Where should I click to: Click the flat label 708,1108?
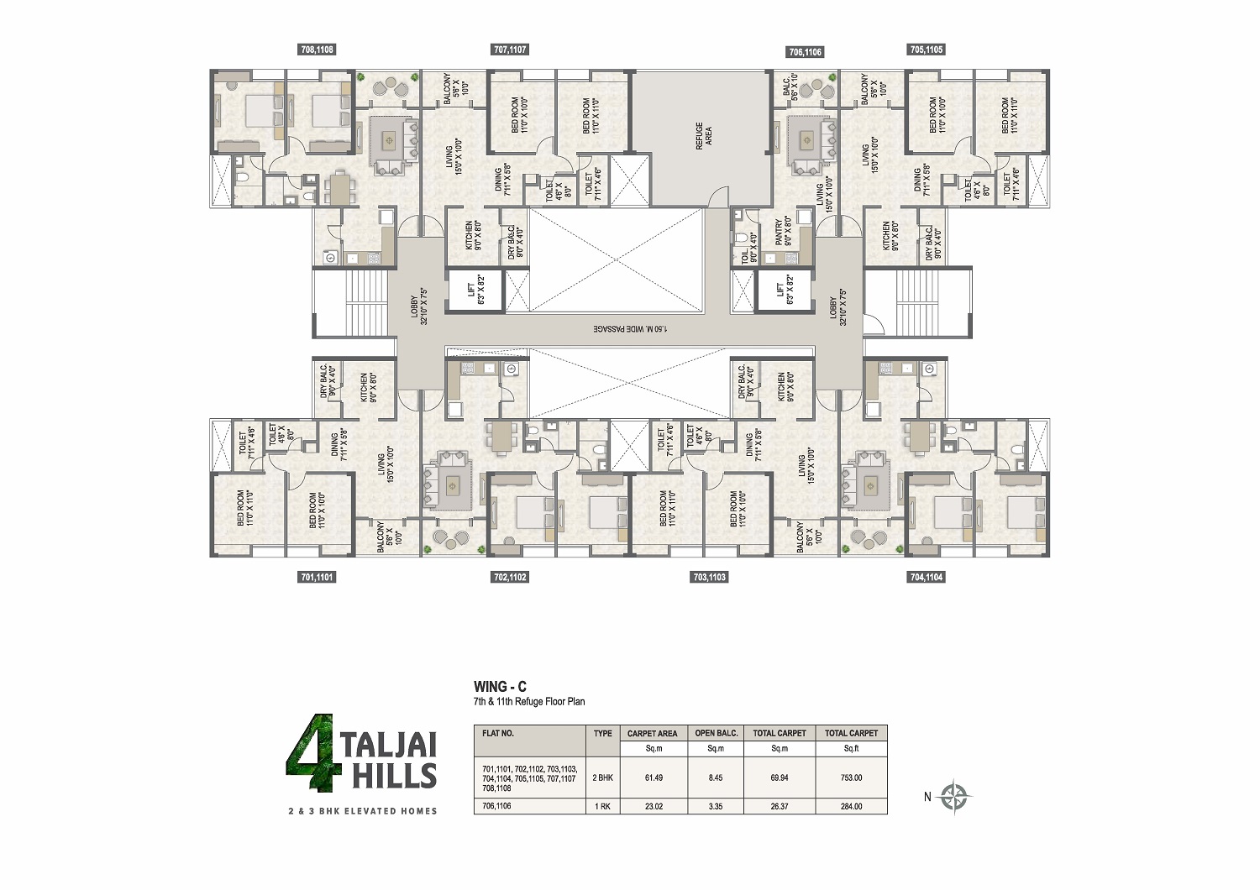click(317, 50)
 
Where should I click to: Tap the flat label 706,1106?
click(805, 52)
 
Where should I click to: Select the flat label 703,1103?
click(710, 577)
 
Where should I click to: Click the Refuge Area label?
click(703, 136)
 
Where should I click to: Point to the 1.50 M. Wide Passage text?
click(630, 328)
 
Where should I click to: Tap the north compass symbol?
click(954, 797)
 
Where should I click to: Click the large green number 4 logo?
click(310, 753)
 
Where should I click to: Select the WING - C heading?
click(500, 686)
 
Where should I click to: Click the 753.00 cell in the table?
click(851, 777)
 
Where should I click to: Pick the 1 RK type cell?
click(602, 806)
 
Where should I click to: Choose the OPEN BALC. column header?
click(716, 733)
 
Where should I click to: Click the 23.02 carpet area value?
click(654, 806)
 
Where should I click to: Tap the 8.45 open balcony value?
click(716, 777)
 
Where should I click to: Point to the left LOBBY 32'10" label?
click(418, 306)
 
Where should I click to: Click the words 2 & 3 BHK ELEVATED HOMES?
click(363, 811)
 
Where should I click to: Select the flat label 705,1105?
click(927, 50)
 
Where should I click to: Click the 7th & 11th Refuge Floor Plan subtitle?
click(529, 701)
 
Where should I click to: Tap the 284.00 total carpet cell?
click(851, 806)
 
